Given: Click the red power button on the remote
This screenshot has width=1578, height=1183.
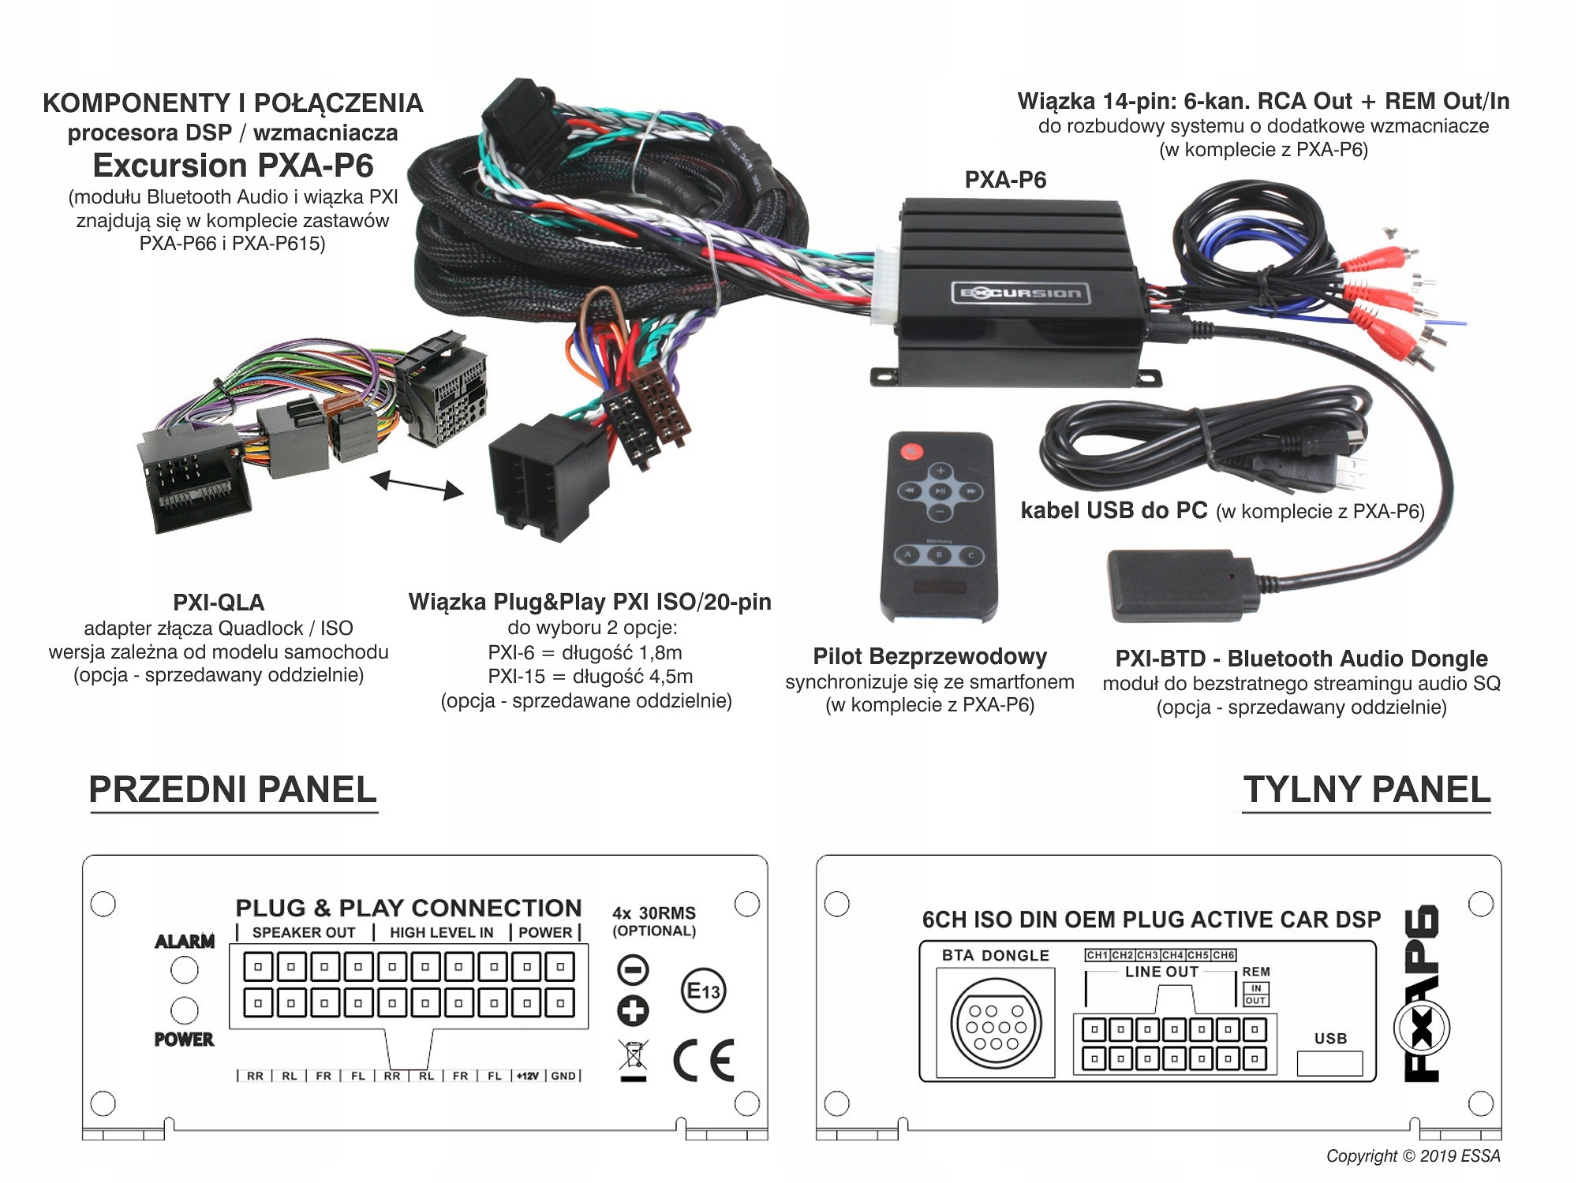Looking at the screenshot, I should click(911, 452).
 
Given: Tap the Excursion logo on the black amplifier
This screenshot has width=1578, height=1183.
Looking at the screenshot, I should click(1020, 293).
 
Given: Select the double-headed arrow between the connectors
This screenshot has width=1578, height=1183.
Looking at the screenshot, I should click(417, 484).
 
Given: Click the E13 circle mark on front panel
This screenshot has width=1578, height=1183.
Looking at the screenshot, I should click(703, 991).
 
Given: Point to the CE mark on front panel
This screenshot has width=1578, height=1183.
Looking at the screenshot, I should click(704, 1060).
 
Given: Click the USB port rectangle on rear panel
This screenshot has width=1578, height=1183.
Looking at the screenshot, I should click(1330, 1062).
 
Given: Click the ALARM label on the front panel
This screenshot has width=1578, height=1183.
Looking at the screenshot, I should click(185, 941).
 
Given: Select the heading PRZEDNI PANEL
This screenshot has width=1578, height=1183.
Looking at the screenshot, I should click(233, 790).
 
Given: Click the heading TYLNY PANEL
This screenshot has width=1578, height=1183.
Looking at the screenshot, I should click(1367, 790).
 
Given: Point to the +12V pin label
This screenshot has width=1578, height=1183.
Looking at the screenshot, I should click(528, 1076).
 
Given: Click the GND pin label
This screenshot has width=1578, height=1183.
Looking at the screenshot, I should click(563, 1076).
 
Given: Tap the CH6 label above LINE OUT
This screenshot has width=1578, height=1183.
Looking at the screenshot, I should click(1224, 955).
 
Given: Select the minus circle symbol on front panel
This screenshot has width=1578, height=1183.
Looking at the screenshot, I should click(633, 970).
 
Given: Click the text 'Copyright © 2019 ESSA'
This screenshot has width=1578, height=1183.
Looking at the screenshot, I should click(1413, 1156).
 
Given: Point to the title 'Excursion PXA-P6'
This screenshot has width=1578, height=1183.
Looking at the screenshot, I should click(233, 166).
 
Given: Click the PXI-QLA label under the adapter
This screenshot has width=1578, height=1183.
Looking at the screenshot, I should click(219, 603).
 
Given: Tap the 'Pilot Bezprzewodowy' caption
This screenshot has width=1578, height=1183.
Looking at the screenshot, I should click(929, 656).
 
